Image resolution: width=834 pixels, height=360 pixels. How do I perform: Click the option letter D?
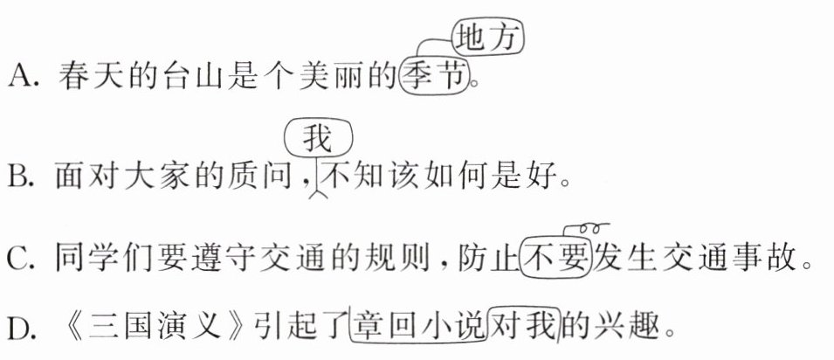tap(18, 330)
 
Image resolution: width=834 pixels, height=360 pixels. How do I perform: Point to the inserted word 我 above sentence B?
tap(318, 139)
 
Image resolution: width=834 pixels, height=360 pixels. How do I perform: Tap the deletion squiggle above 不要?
tap(586, 229)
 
